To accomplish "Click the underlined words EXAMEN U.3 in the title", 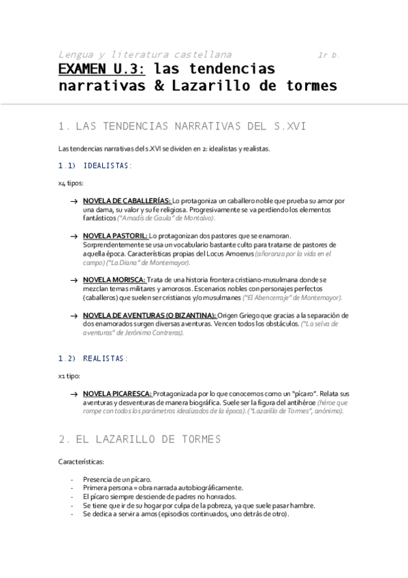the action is click(102, 70).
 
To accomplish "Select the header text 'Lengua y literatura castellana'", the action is click(144, 54).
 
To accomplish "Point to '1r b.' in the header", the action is click(329, 54).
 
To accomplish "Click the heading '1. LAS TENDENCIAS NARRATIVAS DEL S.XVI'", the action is click(183, 126).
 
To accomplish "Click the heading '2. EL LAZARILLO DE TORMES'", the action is click(140, 421).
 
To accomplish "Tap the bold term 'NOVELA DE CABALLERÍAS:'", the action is click(127, 201).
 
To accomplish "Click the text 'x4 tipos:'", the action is click(71, 183).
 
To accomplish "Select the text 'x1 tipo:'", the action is click(69, 376).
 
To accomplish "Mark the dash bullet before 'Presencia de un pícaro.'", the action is click(72, 479).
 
